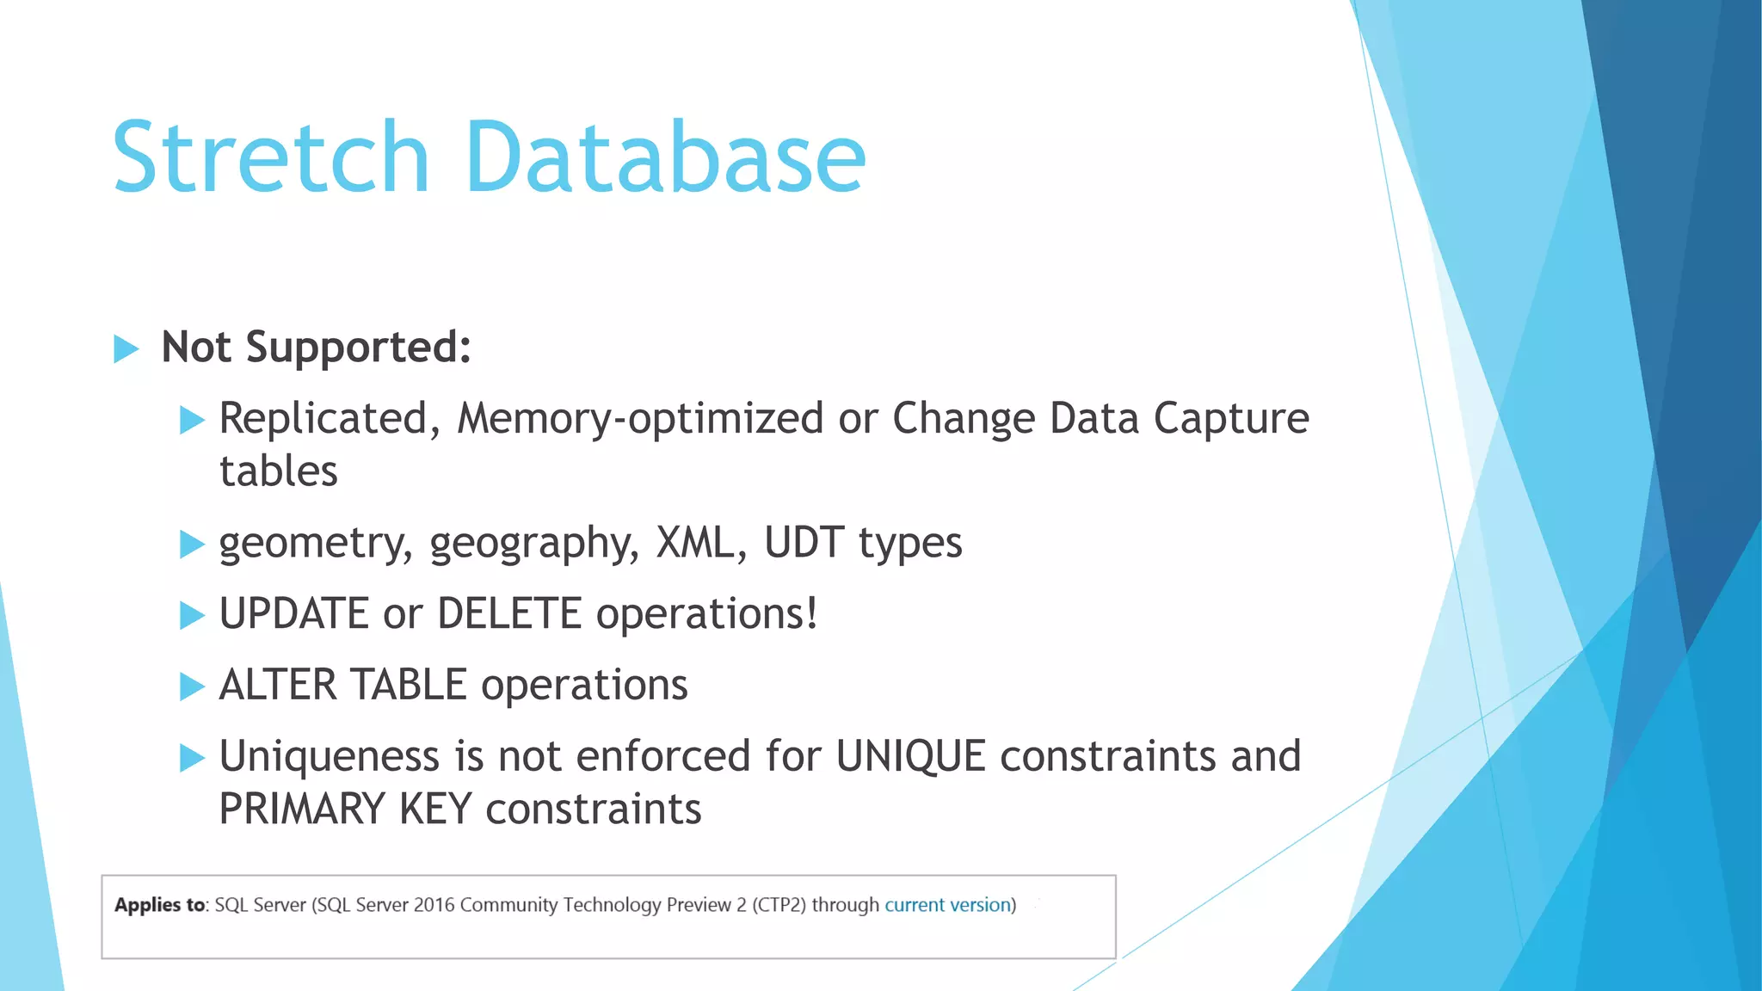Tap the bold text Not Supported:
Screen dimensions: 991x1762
point(316,348)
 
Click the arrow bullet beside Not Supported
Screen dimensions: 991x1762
point(126,349)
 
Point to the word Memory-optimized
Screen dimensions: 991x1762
point(640,419)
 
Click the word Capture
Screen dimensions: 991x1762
point(1230,419)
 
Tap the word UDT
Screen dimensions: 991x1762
point(804,543)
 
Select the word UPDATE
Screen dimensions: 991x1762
point(294,614)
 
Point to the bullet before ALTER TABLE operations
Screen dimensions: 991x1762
point(192,687)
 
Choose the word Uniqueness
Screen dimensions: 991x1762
point(330,757)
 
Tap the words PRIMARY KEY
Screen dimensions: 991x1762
point(345,809)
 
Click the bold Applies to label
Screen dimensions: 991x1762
point(160,905)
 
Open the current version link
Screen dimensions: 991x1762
point(947,905)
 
